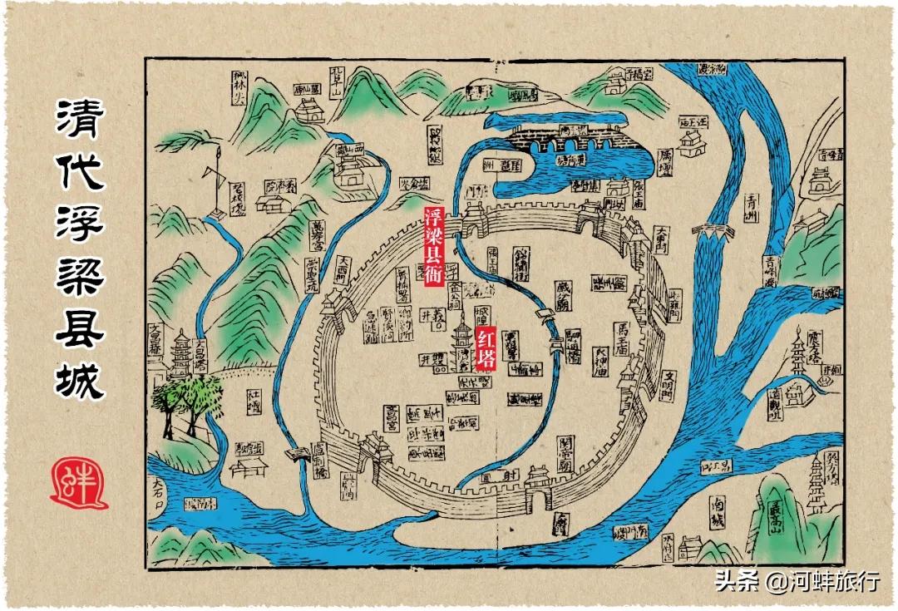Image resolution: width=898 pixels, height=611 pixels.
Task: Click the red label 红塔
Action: click(487, 347)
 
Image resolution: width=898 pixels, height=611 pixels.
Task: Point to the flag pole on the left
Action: click(215, 185)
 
